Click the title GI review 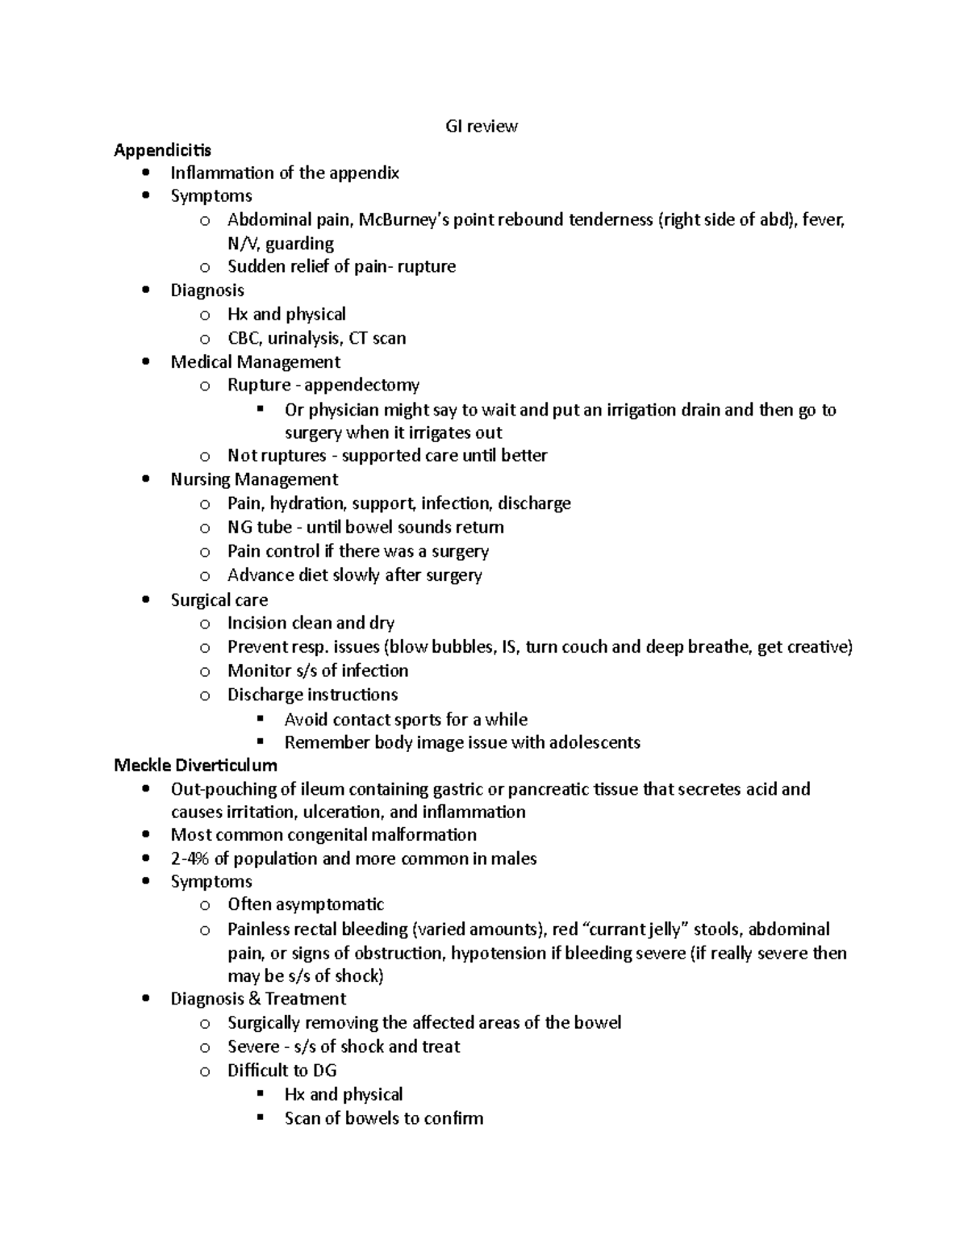pyautogui.click(x=482, y=126)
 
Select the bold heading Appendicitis pyautogui.click(x=162, y=149)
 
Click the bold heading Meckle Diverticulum pyautogui.click(x=195, y=765)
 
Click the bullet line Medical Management pyautogui.click(x=255, y=361)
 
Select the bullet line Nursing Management pyautogui.click(x=254, y=479)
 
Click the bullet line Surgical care pyautogui.click(x=219, y=599)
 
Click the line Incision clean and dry pyautogui.click(x=311, y=623)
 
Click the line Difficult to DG pyautogui.click(x=282, y=1071)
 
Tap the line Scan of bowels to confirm pyautogui.click(x=384, y=1118)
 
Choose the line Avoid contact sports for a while pyautogui.click(x=406, y=719)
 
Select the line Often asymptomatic pyautogui.click(x=305, y=904)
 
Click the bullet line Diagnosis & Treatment pyautogui.click(x=258, y=999)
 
